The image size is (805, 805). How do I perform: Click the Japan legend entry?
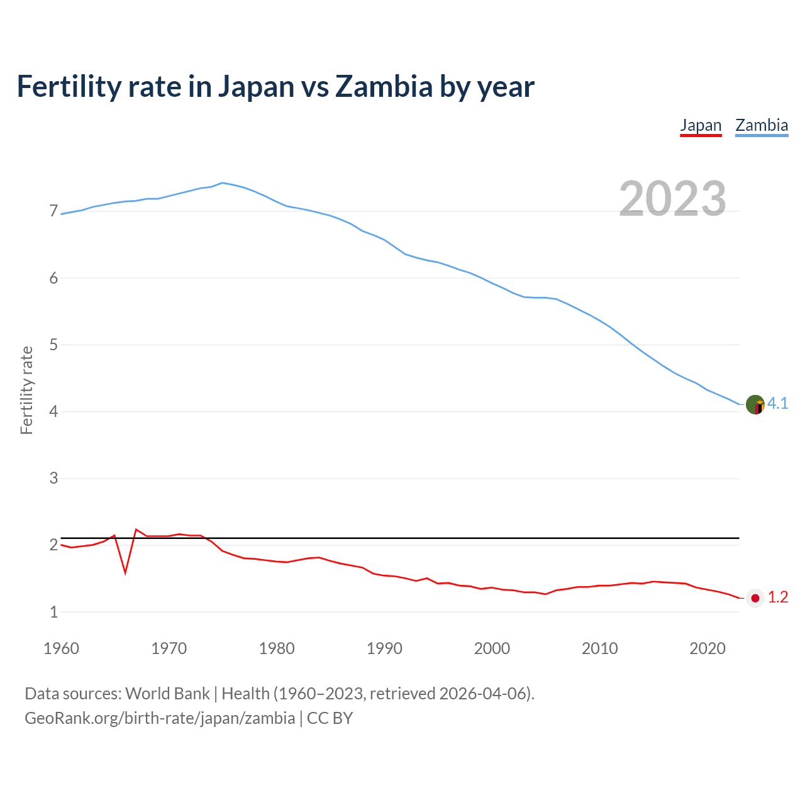point(701,125)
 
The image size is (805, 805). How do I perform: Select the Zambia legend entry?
point(762,125)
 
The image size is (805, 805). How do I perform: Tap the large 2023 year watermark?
point(672,199)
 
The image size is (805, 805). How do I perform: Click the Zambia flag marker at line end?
point(755,404)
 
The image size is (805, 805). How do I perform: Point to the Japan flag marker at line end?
point(755,598)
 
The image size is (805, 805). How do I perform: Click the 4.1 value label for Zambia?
point(778,404)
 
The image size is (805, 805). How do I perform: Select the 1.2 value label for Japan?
point(778,597)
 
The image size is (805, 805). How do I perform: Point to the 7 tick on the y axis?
point(53,211)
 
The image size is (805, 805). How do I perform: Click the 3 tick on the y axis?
point(53,478)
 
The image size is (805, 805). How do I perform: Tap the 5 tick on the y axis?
point(53,345)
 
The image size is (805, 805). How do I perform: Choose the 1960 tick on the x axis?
point(61,648)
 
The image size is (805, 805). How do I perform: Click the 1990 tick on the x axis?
point(384,648)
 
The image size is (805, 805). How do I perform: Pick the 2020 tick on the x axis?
point(708,648)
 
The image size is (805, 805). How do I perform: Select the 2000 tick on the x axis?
point(492,648)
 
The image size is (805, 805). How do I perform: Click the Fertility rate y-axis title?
point(26,390)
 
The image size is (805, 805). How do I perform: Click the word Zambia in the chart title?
point(384,86)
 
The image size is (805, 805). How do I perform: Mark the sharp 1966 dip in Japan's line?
point(126,571)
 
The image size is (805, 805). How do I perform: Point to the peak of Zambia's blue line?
point(222,183)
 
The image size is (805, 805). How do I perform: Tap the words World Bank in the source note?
point(167,694)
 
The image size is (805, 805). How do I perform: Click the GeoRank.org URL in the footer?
point(160,718)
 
